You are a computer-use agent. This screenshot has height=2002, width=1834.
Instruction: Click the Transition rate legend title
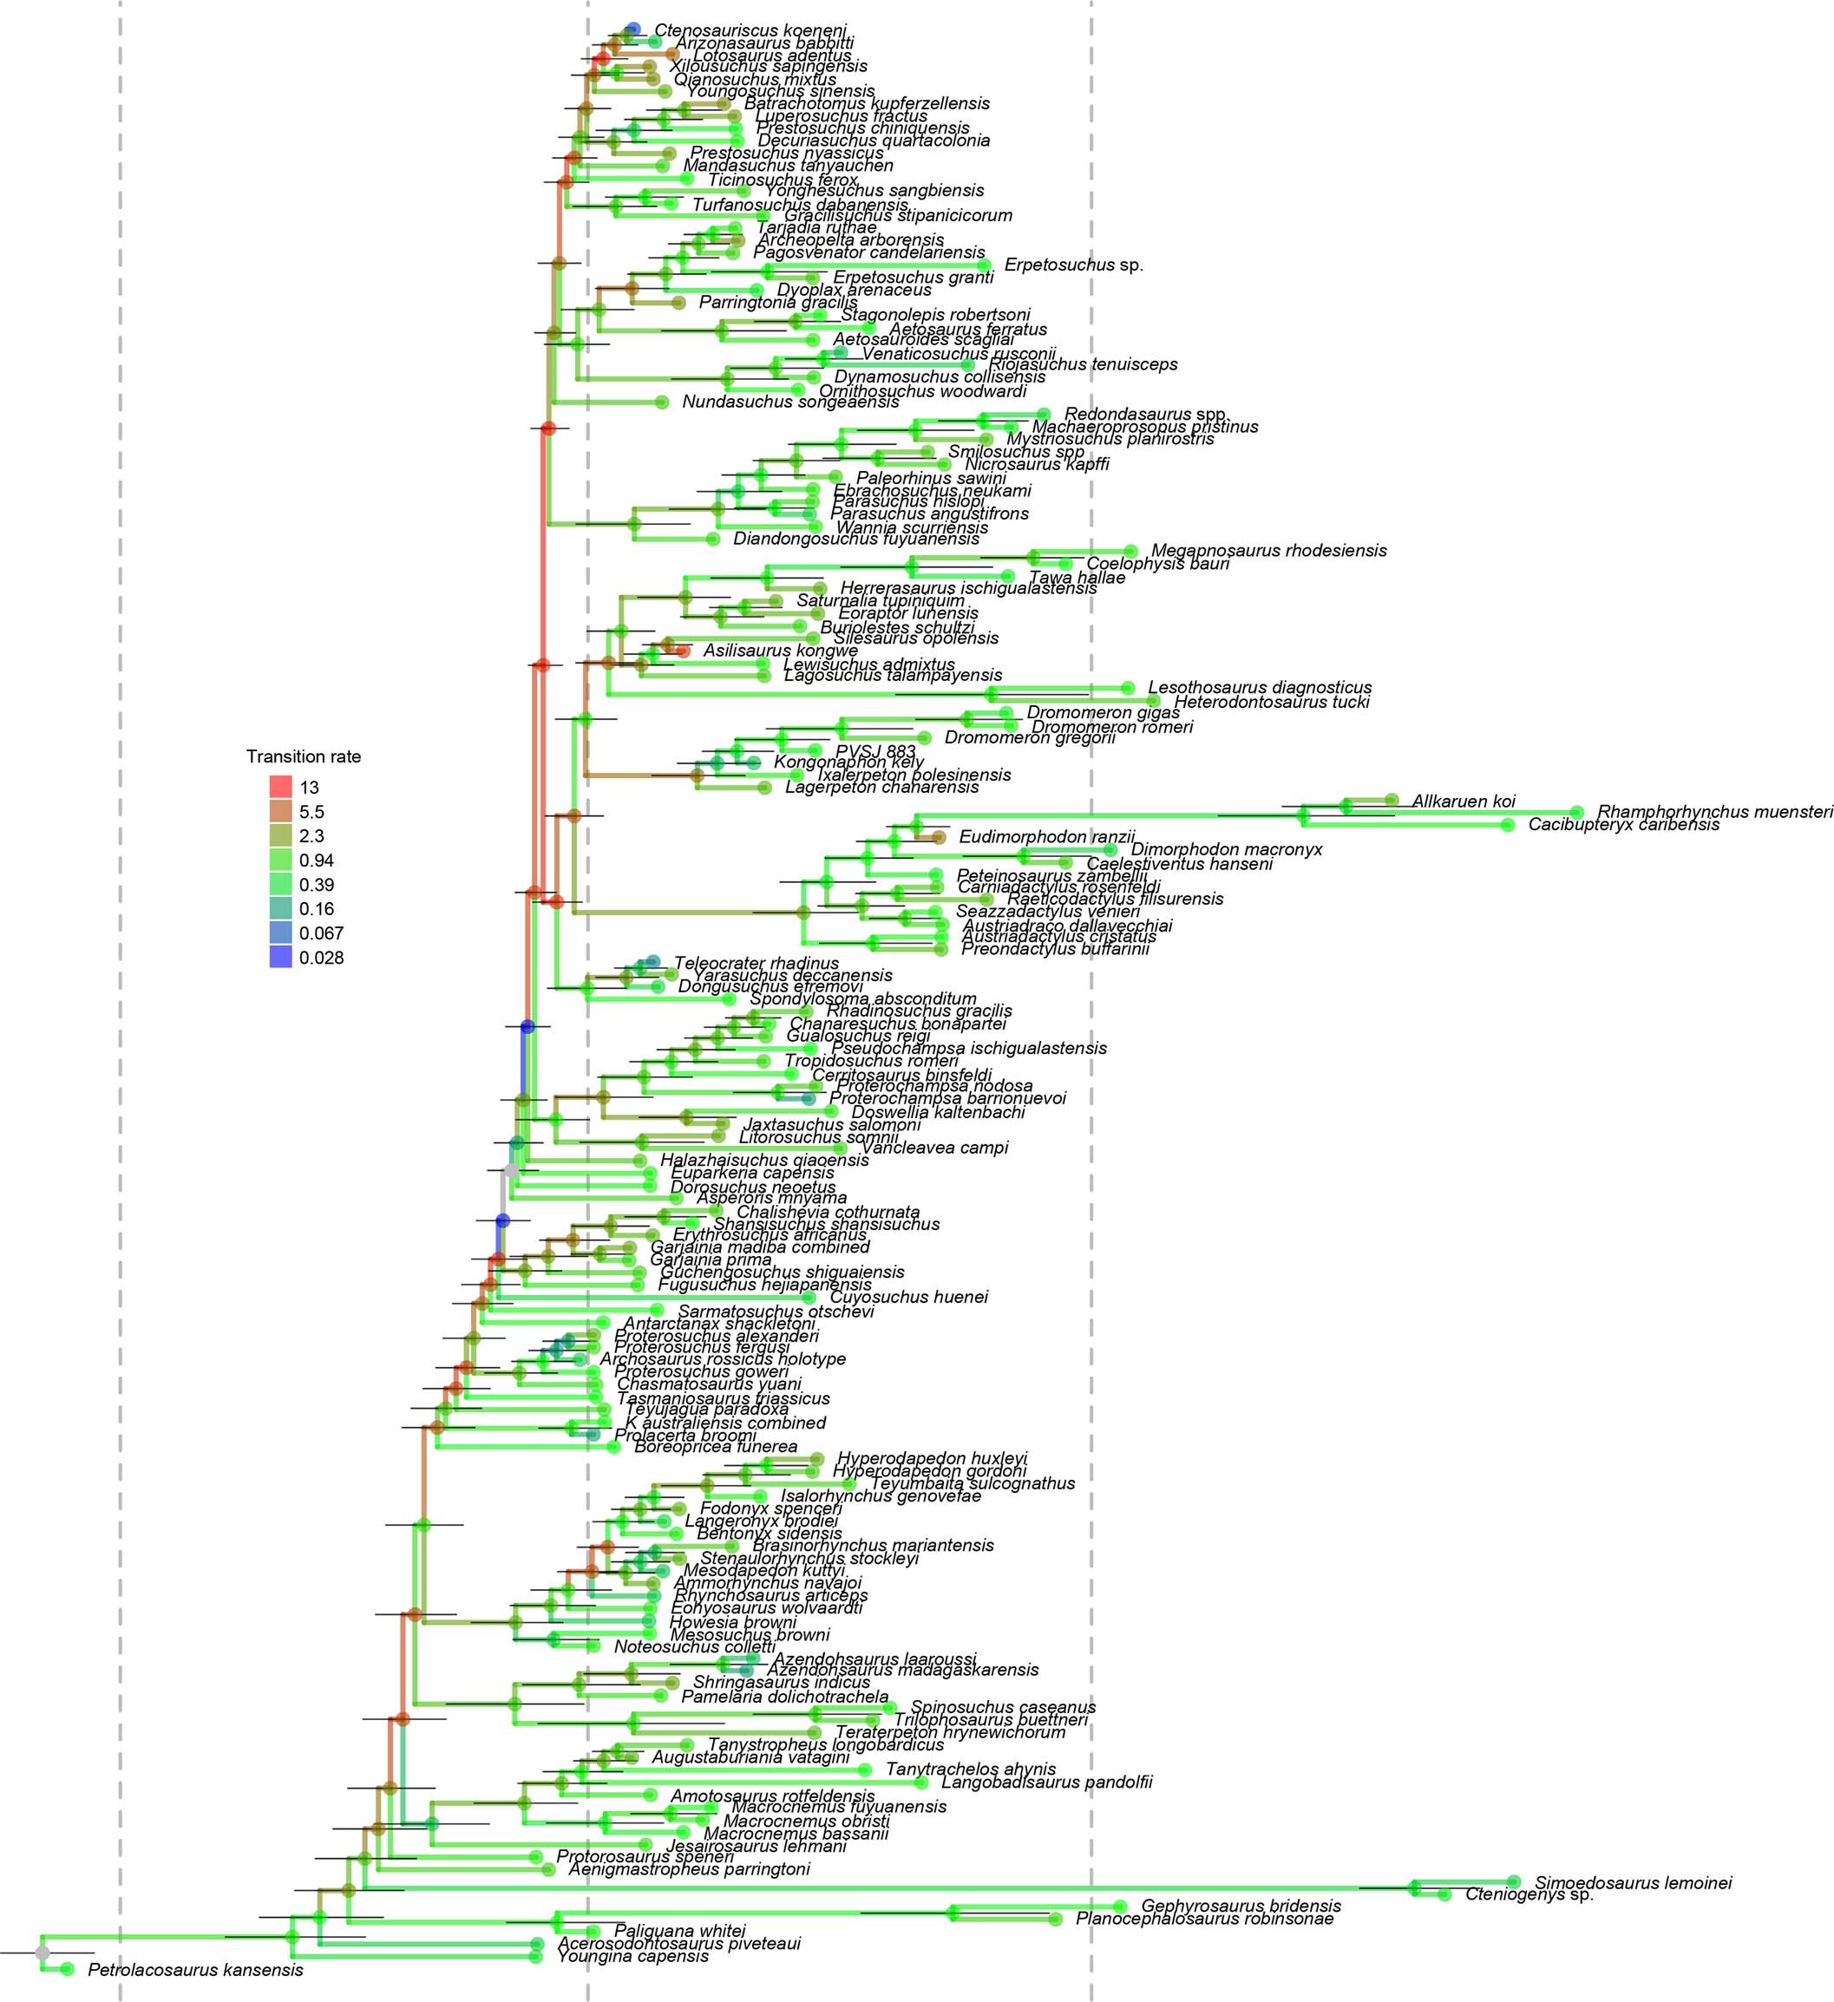(303, 756)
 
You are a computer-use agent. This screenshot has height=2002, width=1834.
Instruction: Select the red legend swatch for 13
(281, 788)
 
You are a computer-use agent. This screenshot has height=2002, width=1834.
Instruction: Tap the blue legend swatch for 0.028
(281, 958)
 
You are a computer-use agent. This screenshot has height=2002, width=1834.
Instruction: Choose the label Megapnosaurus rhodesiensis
(1269, 550)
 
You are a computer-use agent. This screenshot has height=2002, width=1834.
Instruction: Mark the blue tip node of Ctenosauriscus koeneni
(633, 29)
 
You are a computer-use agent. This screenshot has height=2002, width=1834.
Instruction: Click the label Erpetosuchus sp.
(1073, 265)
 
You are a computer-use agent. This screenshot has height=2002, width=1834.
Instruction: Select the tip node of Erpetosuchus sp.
(983, 265)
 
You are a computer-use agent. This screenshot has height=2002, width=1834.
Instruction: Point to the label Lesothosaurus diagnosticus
(1259, 687)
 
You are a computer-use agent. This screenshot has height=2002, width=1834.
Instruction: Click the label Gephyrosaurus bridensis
(1241, 1906)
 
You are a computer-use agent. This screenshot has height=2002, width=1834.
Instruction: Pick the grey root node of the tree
(42, 1953)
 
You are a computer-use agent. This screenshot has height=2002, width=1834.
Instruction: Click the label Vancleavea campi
(933, 1148)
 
